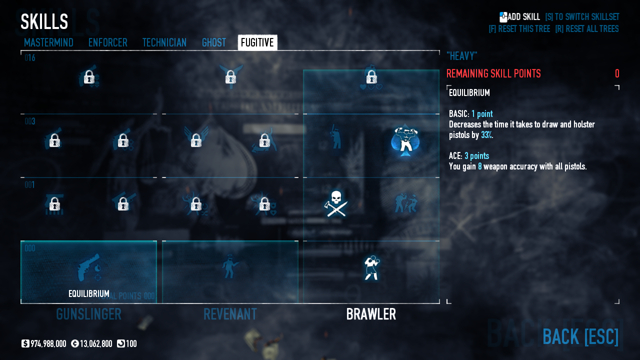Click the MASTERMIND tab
(x=48, y=42)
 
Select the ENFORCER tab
(x=107, y=42)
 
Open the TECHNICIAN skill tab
(x=164, y=42)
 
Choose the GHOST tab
(x=213, y=42)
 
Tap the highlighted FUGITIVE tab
(x=257, y=42)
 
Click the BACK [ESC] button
(x=580, y=336)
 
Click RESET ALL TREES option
(x=586, y=29)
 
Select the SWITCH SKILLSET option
(x=582, y=17)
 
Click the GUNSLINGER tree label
(x=88, y=314)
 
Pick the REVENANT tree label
(x=230, y=314)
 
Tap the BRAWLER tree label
(x=371, y=314)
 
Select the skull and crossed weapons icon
(x=336, y=203)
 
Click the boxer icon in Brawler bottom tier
(x=371, y=267)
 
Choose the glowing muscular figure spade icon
(x=405, y=140)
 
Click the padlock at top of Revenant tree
(x=230, y=77)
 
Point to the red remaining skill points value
(x=616, y=74)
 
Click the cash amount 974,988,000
(x=48, y=344)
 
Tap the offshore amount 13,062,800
(x=95, y=344)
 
